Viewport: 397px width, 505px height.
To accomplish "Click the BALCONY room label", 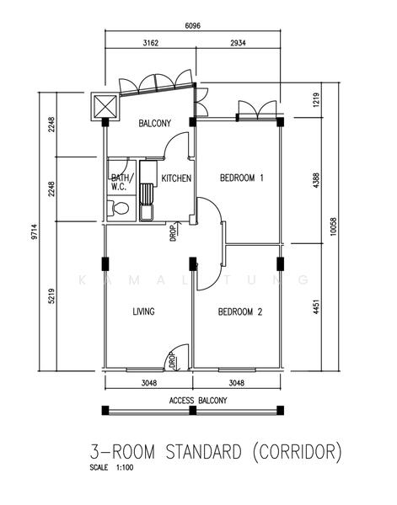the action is pos(154,124).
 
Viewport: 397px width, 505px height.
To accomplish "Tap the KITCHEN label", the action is pos(176,178).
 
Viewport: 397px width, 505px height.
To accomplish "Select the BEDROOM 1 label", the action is pos(242,178).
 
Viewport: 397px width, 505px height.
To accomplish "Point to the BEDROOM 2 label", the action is pos(240,311).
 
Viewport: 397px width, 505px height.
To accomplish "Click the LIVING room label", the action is pos(143,311).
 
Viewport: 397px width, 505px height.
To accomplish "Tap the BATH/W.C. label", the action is pos(120,183).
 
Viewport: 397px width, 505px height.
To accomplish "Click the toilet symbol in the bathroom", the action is pos(118,208).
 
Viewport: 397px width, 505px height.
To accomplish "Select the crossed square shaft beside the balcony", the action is pos(105,107).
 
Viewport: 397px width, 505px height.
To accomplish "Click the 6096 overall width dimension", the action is pos(192,26).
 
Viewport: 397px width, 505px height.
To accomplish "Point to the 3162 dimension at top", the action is pos(150,43).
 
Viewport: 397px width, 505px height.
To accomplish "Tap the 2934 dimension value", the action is pos(238,43).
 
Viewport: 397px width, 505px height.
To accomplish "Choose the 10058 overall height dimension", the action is pos(334,226).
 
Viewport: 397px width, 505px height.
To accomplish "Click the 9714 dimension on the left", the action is pos(35,231).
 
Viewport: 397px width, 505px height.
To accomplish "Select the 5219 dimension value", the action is pos(51,296).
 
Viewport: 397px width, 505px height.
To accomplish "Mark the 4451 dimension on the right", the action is pos(316,307).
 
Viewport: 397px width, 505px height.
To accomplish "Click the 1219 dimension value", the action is pos(316,100).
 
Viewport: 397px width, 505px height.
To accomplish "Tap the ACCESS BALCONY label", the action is pos(198,401).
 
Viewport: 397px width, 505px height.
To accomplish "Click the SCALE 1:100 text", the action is pos(111,467).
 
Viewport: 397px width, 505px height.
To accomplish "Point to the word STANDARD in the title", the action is pos(203,451).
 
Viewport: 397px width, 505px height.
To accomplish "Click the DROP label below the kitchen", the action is pos(173,233).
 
